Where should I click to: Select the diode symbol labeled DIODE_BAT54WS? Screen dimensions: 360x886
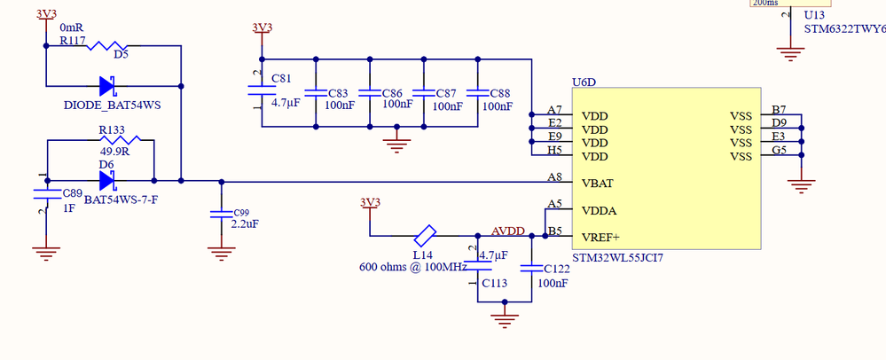pyautogui.click(x=110, y=86)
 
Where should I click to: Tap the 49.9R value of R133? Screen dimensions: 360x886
pyautogui.click(x=115, y=151)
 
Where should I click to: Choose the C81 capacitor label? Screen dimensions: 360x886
pyautogui.click(x=281, y=79)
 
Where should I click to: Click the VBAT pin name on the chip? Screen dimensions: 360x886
pyautogui.click(x=599, y=183)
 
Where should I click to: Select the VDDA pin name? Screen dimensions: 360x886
pyautogui.click(x=600, y=211)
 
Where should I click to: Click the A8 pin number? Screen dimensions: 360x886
pyautogui.click(x=555, y=176)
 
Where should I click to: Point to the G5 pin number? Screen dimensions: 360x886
pyautogui.click(x=779, y=150)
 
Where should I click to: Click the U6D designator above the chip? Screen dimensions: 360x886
pyautogui.click(x=584, y=82)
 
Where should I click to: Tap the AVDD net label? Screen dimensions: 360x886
pyautogui.click(x=507, y=231)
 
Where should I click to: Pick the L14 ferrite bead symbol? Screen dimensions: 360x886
pyautogui.click(x=425, y=236)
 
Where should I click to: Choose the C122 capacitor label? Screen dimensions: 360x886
pyautogui.click(x=553, y=269)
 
